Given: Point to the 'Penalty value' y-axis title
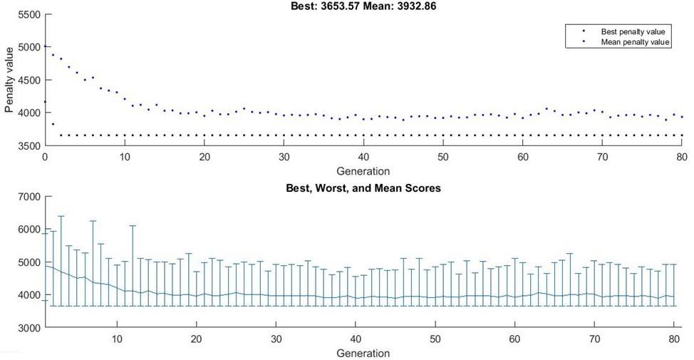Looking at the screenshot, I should coord(9,79).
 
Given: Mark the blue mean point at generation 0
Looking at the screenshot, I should coord(45,46).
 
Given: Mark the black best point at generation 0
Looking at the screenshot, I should coord(45,101).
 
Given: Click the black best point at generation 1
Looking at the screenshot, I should coord(53,124).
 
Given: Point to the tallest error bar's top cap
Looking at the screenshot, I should coord(61,216).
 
